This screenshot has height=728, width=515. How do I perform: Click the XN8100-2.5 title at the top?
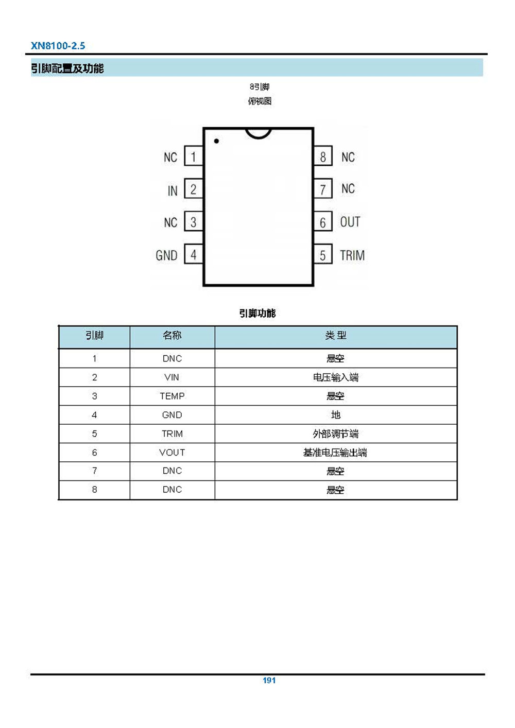tap(58, 46)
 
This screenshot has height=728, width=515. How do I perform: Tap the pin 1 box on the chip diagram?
tap(194, 156)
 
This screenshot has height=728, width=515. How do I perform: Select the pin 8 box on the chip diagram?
tap(323, 156)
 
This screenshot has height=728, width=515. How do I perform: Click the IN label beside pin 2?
tap(173, 191)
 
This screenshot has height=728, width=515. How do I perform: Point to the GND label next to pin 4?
tap(166, 255)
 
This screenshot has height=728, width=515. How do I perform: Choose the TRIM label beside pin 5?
tap(352, 255)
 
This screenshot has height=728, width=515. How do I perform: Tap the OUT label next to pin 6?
tap(350, 222)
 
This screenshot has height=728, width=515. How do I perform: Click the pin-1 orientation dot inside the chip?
tap(216, 141)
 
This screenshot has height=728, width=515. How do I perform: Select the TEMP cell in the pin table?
tap(172, 396)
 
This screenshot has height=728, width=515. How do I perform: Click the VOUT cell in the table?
tap(172, 452)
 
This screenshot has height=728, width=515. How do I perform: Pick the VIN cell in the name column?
tap(171, 377)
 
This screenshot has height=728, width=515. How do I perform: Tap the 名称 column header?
tap(172, 335)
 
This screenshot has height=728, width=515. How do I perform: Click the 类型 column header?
tap(336, 335)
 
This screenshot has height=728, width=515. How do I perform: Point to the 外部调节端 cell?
tap(336, 434)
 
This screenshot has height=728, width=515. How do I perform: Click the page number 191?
tap(269, 680)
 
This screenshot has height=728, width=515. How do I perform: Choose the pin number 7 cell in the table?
tap(94, 471)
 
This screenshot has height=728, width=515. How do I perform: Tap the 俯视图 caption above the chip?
tap(260, 101)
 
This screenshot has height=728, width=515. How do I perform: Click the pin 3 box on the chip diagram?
tap(194, 221)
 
